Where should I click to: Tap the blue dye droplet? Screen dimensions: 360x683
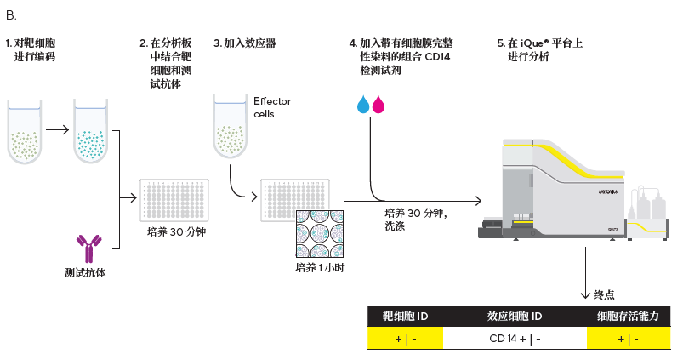(x=363, y=104)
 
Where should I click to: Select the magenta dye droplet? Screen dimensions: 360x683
(x=378, y=104)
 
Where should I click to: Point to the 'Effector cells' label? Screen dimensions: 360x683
(x=271, y=107)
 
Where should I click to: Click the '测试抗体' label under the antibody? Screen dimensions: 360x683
(x=86, y=273)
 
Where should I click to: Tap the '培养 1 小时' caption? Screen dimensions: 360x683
(x=319, y=267)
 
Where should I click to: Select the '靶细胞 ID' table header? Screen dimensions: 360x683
(x=405, y=317)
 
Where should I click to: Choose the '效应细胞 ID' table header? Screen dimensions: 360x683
(x=515, y=317)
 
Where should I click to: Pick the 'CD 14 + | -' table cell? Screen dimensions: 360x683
(x=515, y=338)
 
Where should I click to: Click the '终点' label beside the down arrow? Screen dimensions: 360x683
(x=604, y=294)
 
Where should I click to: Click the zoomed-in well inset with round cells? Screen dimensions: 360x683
(x=319, y=233)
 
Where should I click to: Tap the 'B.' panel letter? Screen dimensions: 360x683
(x=11, y=15)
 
